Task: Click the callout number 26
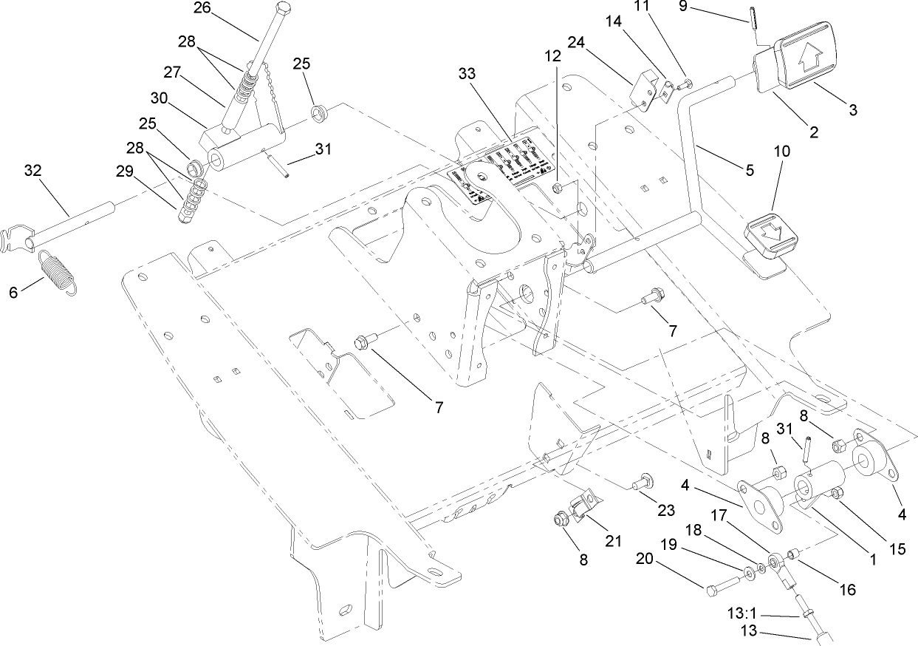click(x=202, y=9)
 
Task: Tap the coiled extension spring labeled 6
click(x=56, y=271)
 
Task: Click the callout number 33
click(x=467, y=74)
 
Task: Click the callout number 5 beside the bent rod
click(x=750, y=170)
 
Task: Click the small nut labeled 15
click(x=835, y=493)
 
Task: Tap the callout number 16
click(x=847, y=589)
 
